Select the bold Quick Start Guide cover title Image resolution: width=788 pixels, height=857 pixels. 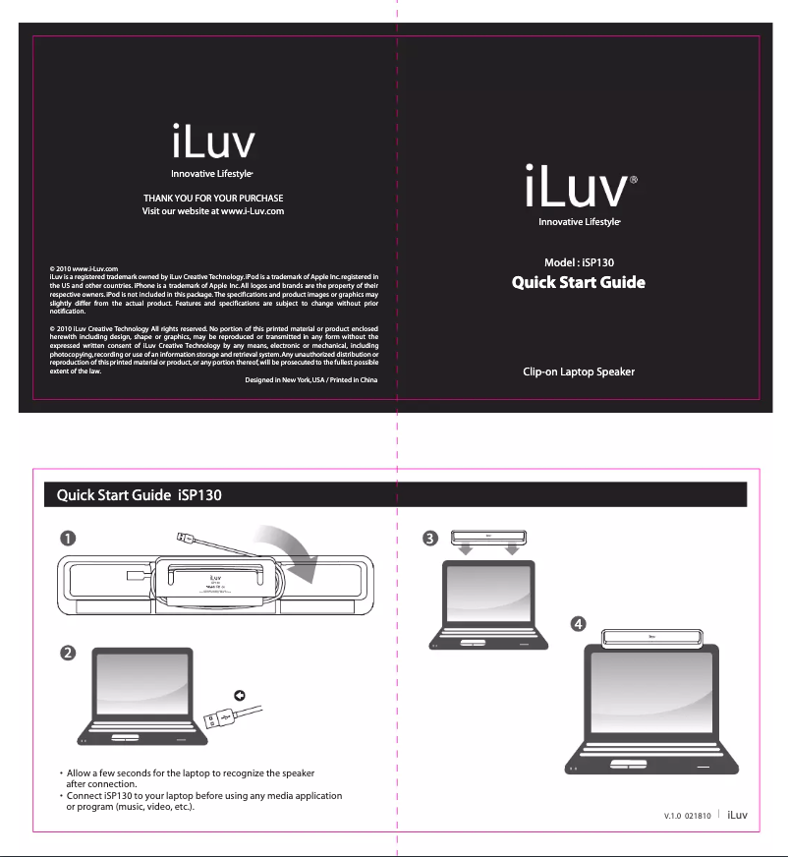(578, 283)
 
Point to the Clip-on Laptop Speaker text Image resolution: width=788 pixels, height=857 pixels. (578, 371)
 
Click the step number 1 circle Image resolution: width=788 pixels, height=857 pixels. (66, 538)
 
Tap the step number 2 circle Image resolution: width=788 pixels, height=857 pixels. (66, 656)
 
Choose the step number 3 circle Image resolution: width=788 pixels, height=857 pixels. (429, 538)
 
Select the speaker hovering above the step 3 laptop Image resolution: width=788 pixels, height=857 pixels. (489, 538)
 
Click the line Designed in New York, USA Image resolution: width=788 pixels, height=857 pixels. (310, 380)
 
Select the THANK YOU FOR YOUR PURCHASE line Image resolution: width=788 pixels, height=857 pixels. (213, 199)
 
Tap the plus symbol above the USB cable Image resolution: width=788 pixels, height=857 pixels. (239, 696)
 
